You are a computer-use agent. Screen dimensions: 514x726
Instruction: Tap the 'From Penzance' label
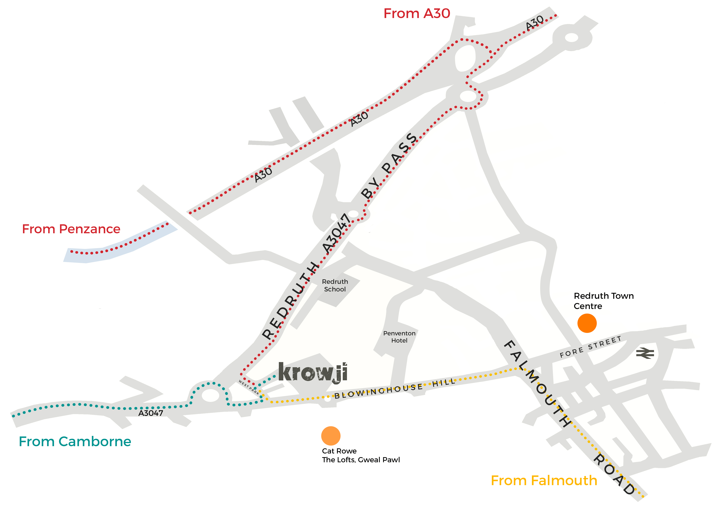pyautogui.click(x=71, y=229)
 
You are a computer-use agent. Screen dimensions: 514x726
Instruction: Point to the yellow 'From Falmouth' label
pyautogui.click(x=544, y=480)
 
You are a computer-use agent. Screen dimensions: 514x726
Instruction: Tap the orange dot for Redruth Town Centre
pyautogui.click(x=587, y=323)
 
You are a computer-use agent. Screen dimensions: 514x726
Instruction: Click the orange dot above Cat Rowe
pyautogui.click(x=331, y=436)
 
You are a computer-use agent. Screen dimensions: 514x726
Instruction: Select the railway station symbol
pyautogui.click(x=645, y=353)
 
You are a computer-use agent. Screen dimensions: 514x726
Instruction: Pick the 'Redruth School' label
pyautogui.click(x=335, y=285)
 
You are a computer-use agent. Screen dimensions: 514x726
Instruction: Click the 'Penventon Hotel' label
pyautogui.click(x=399, y=337)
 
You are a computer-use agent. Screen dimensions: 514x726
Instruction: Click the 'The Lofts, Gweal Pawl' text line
pyautogui.click(x=361, y=460)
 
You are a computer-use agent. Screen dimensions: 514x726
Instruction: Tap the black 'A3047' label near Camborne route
pyautogui.click(x=151, y=413)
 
